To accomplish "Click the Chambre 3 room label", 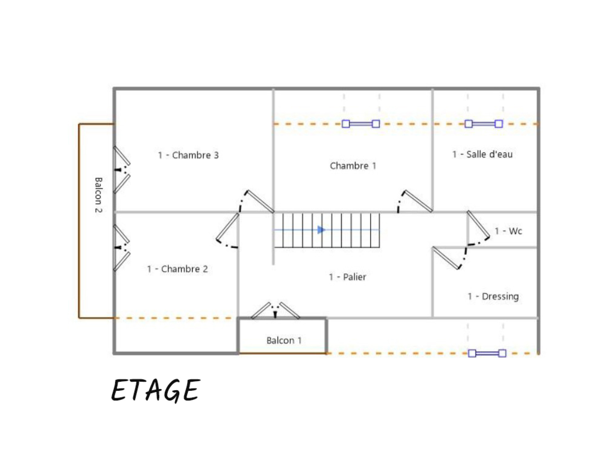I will pyautogui.click(x=188, y=155).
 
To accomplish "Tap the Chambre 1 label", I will pyautogui.click(x=353, y=166).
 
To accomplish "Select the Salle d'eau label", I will pyautogui.click(x=482, y=154).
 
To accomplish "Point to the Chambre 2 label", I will pyautogui.click(x=177, y=269).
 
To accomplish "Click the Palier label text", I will pyautogui.click(x=347, y=277).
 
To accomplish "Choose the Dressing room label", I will pyautogui.click(x=493, y=296).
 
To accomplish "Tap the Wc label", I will pyautogui.click(x=508, y=231).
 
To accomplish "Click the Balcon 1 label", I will pyautogui.click(x=284, y=340).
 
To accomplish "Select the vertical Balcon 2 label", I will pyautogui.click(x=98, y=195).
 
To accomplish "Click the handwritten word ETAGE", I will pyautogui.click(x=156, y=390).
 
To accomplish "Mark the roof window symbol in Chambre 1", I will pyautogui.click(x=361, y=124).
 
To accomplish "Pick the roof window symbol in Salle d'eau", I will pyautogui.click(x=484, y=124).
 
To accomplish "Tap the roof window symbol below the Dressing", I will pyautogui.click(x=487, y=353).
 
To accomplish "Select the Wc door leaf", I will pyautogui.click(x=478, y=224).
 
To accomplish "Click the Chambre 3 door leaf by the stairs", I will pyautogui.click(x=260, y=201).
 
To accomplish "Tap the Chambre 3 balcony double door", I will pyautogui.click(x=122, y=170).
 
